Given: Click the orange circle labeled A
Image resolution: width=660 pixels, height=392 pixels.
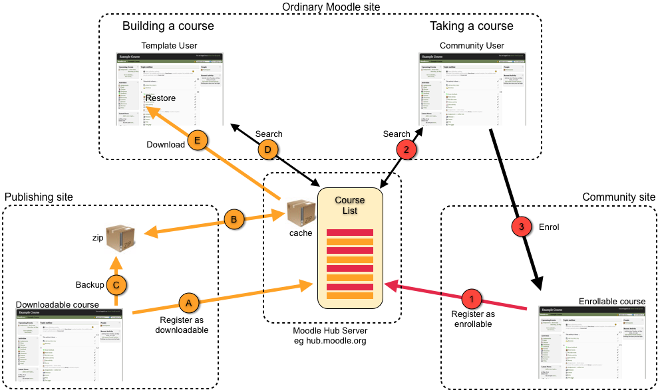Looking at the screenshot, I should pos(188,302).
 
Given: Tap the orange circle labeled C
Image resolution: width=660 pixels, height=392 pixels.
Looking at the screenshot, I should pos(116,284).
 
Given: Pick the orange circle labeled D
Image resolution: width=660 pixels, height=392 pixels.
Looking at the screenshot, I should pos(268,150).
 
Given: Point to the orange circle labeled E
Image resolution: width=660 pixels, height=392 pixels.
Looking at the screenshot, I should pos(197,140).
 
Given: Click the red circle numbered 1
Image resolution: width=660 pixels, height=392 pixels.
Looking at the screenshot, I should pos(471,297).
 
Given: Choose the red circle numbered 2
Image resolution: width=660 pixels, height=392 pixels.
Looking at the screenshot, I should pos(407,150).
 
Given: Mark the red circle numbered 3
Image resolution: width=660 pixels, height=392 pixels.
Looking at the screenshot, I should pos(521,227).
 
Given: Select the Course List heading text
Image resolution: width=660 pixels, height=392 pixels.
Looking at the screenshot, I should pos(349,205).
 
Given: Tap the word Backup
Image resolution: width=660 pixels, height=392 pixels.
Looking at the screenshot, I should pos(90,284).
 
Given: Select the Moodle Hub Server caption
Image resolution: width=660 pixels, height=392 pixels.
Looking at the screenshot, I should pos(331,331).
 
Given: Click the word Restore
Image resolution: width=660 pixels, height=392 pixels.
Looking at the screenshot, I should pos(160,98).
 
